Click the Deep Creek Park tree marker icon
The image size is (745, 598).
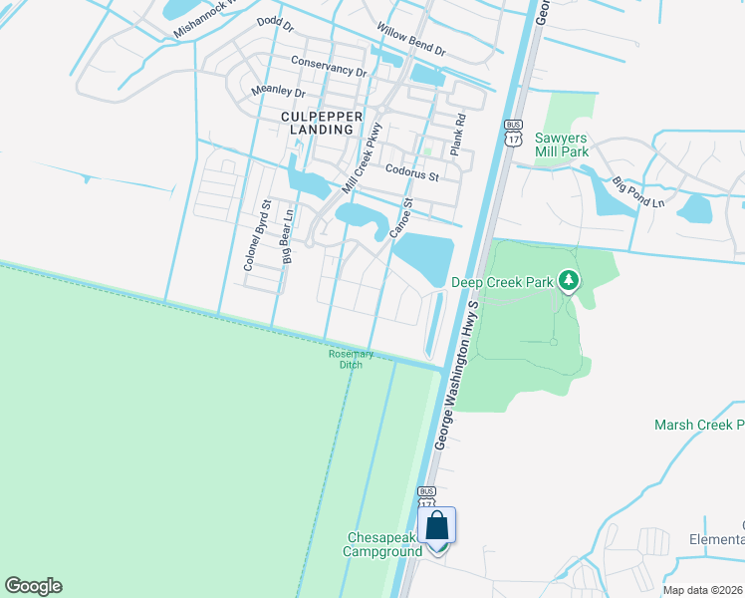569,282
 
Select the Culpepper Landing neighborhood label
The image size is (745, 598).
317,123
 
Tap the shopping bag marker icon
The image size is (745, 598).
437,525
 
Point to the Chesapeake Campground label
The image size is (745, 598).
383,543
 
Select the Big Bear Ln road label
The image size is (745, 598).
288,235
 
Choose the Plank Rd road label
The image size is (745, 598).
457,132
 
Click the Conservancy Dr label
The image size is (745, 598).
329,66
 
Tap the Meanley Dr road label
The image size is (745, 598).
277,91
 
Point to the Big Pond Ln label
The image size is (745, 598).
637,193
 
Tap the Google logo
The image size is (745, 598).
33,586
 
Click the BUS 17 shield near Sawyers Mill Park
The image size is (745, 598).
513,133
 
